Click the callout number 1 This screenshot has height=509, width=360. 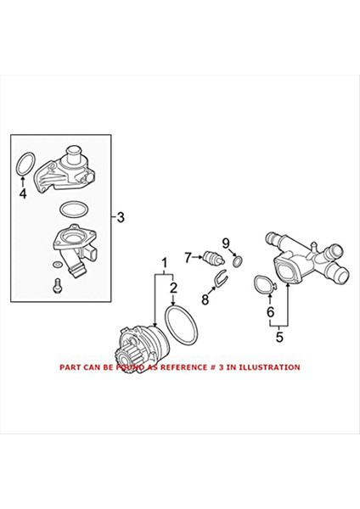[x=158, y=265]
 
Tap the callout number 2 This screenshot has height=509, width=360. [x=173, y=288]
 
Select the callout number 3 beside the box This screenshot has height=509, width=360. [x=121, y=217]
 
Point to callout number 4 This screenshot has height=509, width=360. [x=23, y=193]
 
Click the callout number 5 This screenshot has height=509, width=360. [x=278, y=338]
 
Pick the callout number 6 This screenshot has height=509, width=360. [x=270, y=311]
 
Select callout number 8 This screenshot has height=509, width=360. [x=204, y=299]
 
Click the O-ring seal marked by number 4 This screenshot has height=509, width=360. [x=25, y=165]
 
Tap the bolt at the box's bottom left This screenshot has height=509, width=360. [x=55, y=287]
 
